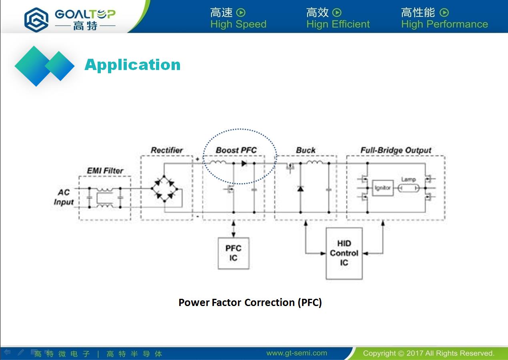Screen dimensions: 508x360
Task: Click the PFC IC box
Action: (233, 253)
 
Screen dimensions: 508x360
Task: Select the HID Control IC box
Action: (344, 253)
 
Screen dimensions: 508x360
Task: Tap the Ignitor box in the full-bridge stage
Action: (383, 188)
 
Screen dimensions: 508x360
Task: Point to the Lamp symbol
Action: (408, 188)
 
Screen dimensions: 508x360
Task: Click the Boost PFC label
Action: (236, 150)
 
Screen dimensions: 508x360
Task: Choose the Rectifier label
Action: (167, 150)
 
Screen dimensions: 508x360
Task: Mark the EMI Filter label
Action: (105, 170)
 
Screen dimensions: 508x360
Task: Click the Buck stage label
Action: (306, 150)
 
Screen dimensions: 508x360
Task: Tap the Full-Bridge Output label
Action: (396, 150)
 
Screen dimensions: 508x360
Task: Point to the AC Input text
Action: (64, 197)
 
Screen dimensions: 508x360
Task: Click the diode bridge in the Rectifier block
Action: (164, 188)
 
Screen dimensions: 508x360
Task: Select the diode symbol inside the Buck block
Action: (300, 188)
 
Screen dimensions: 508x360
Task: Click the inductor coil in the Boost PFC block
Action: (217, 162)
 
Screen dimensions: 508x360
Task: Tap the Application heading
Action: (132, 65)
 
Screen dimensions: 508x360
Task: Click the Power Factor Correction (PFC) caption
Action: (250, 303)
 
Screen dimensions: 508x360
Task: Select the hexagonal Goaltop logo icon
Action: (36, 20)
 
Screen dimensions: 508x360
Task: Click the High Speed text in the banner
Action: (238, 24)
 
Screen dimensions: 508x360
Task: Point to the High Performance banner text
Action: (444, 24)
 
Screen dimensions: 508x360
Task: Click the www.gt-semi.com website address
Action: (297, 353)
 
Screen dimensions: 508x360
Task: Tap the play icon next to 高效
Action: (337, 12)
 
